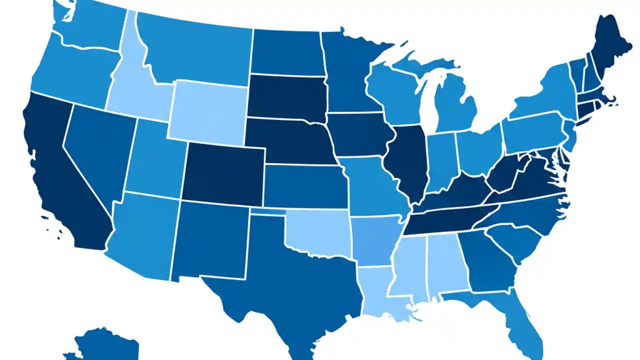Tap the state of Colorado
coord(222,172)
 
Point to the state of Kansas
coord(305,185)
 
